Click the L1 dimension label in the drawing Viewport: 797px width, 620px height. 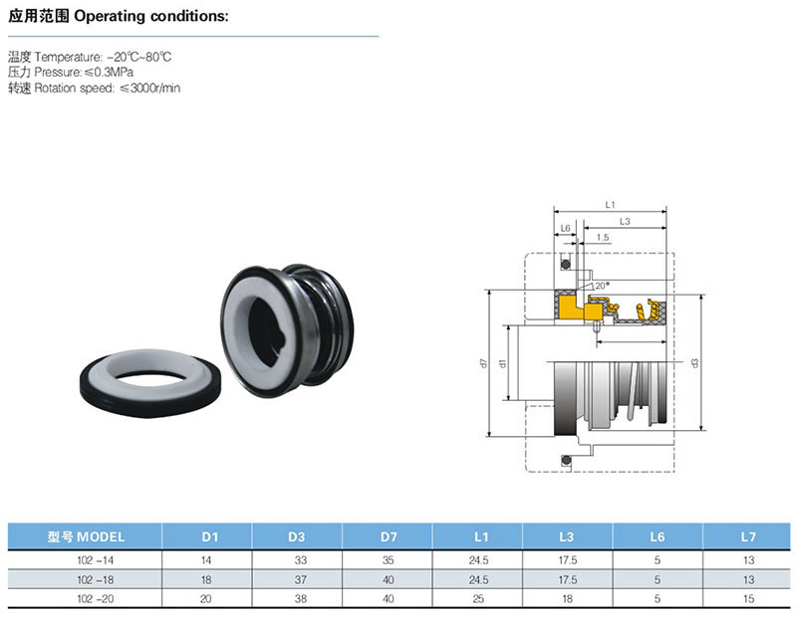(610, 204)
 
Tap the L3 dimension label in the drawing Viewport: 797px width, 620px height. (624, 220)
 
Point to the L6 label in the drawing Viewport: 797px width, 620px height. (565, 229)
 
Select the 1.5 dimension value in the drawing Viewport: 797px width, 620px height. (603, 238)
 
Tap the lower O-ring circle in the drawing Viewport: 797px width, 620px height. (565, 460)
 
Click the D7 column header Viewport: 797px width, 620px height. (388, 537)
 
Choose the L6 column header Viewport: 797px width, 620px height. (657, 537)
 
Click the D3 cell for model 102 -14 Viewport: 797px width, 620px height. (296, 560)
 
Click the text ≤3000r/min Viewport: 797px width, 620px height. (150, 89)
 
